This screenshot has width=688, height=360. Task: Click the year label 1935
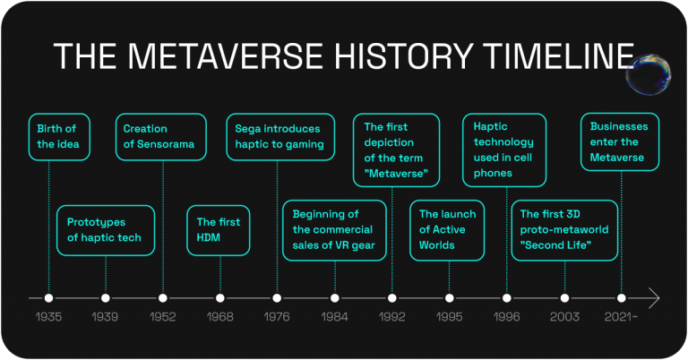[48, 317]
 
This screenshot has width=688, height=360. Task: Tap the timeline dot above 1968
[220, 298]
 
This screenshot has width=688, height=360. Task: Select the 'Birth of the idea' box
[59, 137]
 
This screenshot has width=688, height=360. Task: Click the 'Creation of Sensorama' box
[161, 137]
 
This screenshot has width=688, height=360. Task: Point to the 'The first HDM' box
[218, 230]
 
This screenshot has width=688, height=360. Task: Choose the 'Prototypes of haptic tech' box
[106, 230]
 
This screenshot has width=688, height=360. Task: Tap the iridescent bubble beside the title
[649, 74]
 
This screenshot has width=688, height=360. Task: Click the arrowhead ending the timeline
[654, 298]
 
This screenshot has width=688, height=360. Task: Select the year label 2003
[564, 317]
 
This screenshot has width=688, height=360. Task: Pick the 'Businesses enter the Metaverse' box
[620, 141]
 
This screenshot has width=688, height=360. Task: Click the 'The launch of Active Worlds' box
[447, 230]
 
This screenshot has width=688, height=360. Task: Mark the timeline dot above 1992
[392, 298]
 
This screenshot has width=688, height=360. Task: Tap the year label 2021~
[621, 317]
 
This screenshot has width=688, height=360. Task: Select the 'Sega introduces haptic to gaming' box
[280, 137]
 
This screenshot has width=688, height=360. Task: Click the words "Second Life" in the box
[555, 245]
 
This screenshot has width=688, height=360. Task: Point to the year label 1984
[334, 317]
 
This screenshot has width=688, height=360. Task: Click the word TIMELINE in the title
[560, 56]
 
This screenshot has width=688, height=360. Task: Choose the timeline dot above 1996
[507, 298]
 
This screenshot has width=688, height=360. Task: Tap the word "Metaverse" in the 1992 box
[396, 173]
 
